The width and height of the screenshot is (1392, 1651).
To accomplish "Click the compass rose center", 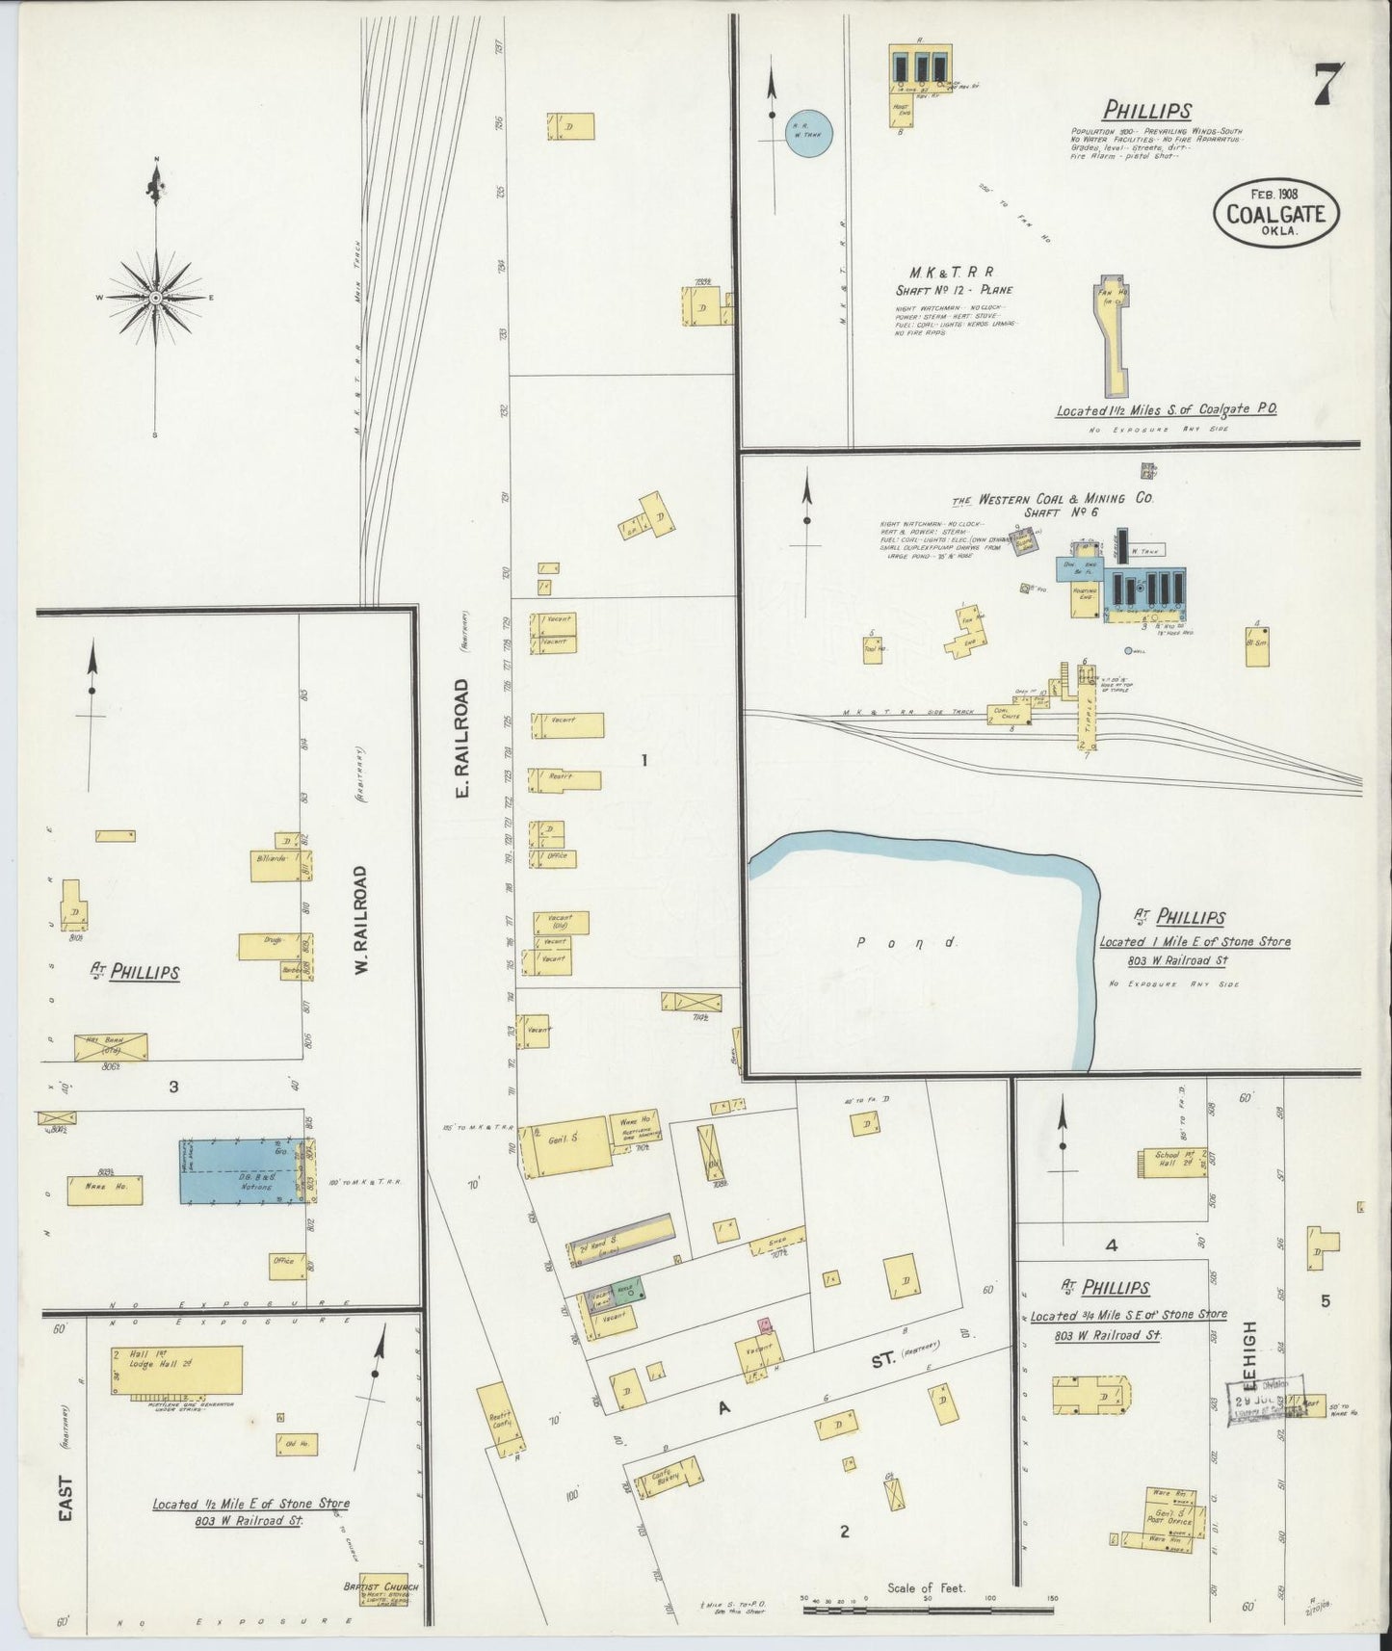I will [x=155, y=299].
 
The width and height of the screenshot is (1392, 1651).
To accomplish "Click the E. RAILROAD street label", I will [x=462, y=738].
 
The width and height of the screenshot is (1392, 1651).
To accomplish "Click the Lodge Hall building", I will [x=175, y=1369].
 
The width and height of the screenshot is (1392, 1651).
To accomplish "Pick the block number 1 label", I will [x=644, y=760].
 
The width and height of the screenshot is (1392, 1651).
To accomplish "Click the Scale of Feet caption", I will [x=926, y=1587].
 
